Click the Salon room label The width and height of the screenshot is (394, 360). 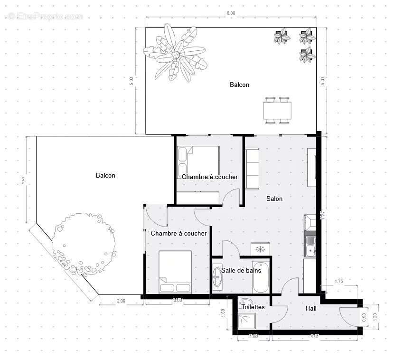pyautogui.click(x=274, y=199)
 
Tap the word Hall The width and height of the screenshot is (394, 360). pyautogui.click(x=311, y=309)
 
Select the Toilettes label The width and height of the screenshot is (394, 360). pyautogui.click(x=253, y=307)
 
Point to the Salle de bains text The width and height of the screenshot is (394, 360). pyautogui.click(x=241, y=270)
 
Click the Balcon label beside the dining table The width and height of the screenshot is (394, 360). pyautogui.click(x=239, y=85)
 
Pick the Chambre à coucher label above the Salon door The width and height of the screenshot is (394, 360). pyautogui.click(x=209, y=177)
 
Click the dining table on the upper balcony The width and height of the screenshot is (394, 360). pyautogui.click(x=277, y=111)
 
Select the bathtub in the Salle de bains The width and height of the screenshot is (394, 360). pyautogui.click(x=261, y=277)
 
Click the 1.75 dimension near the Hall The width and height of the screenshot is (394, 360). pyautogui.click(x=338, y=282)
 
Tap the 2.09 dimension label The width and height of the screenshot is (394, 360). pyautogui.click(x=121, y=300)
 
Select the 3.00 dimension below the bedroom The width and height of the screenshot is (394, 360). pyautogui.click(x=177, y=300)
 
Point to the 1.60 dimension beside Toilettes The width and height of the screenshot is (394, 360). pyautogui.click(x=223, y=313)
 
